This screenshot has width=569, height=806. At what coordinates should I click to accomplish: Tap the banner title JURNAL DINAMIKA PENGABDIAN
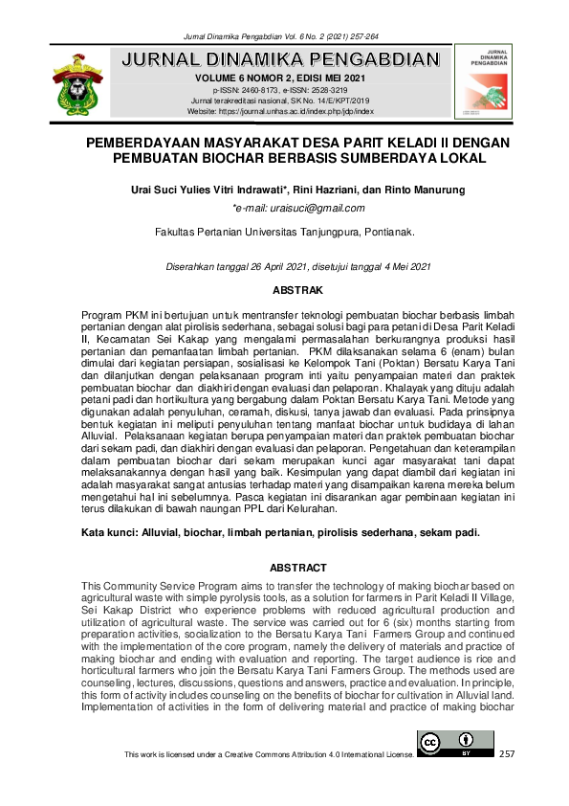(x=281, y=60)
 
